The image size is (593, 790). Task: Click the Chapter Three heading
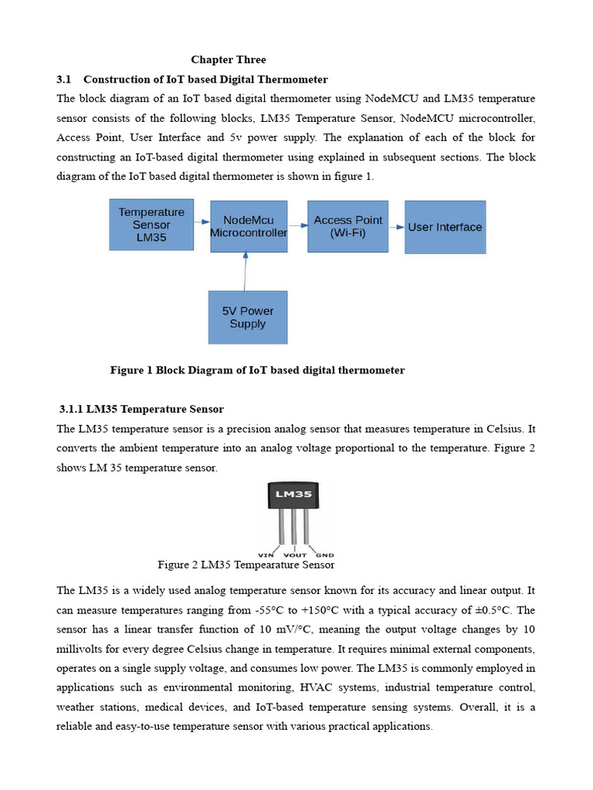(x=229, y=59)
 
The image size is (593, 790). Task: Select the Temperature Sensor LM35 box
(x=151, y=225)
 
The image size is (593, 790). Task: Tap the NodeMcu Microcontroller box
(x=249, y=226)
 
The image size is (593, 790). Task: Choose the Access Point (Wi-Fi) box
(x=347, y=226)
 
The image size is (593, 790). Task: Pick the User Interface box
(x=445, y=227)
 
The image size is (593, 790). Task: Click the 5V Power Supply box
(x=248, y=317)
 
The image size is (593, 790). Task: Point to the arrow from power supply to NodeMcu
(x=246, y=272)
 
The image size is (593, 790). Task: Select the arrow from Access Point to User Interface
(x=396, y=227)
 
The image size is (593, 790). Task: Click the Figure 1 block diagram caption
(x=257, y=370)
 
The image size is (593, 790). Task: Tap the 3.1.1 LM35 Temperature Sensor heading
(x=141, y=409)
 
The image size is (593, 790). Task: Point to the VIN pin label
(x=267, y=555)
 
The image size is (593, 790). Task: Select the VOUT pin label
(x=296, y=555)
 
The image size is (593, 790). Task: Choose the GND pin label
(x=325, y=555)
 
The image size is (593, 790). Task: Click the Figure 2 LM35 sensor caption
(x=246, y=565)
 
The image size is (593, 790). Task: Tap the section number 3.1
(x=64, y=79)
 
